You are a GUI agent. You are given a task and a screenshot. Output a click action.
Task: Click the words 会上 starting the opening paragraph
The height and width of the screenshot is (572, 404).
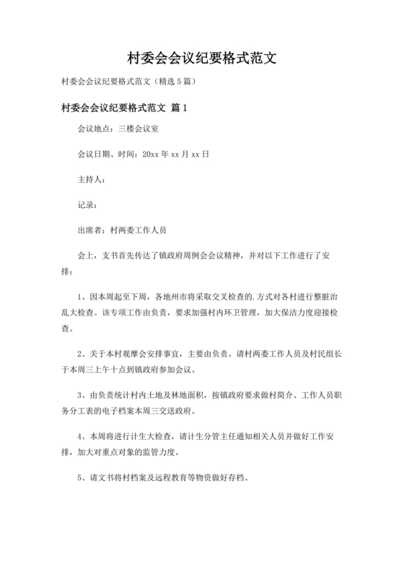tap(85, 256)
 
